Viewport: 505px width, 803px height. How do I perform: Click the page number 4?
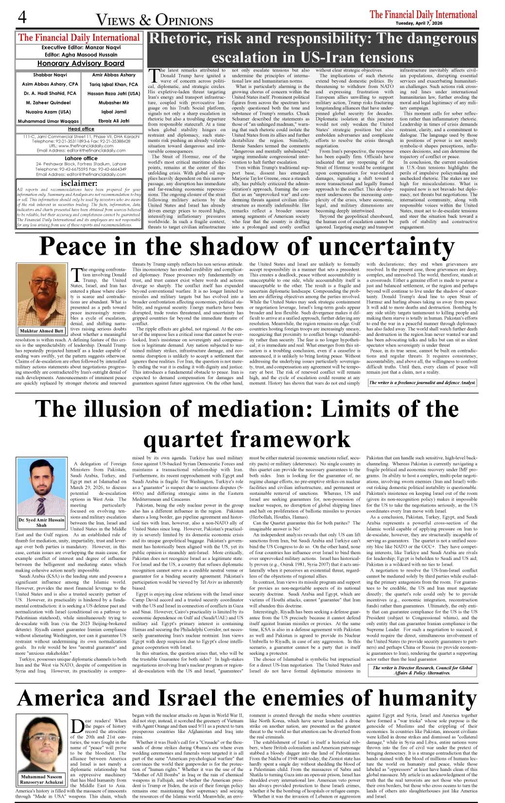22,17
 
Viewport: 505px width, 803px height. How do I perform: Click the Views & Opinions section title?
155,20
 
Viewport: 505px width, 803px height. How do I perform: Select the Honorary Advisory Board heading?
81,64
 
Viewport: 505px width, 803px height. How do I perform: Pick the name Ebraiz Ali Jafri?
114,121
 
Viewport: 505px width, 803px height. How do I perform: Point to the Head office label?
81,129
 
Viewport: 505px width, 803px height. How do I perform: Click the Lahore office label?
81,158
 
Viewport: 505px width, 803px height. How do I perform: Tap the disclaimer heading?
79,183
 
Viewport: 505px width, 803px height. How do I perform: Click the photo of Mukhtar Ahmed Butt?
42,295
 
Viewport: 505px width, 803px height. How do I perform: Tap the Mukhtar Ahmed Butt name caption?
42,331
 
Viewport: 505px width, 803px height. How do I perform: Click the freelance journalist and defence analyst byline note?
422,383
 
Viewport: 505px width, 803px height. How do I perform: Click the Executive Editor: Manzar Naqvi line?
81,48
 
